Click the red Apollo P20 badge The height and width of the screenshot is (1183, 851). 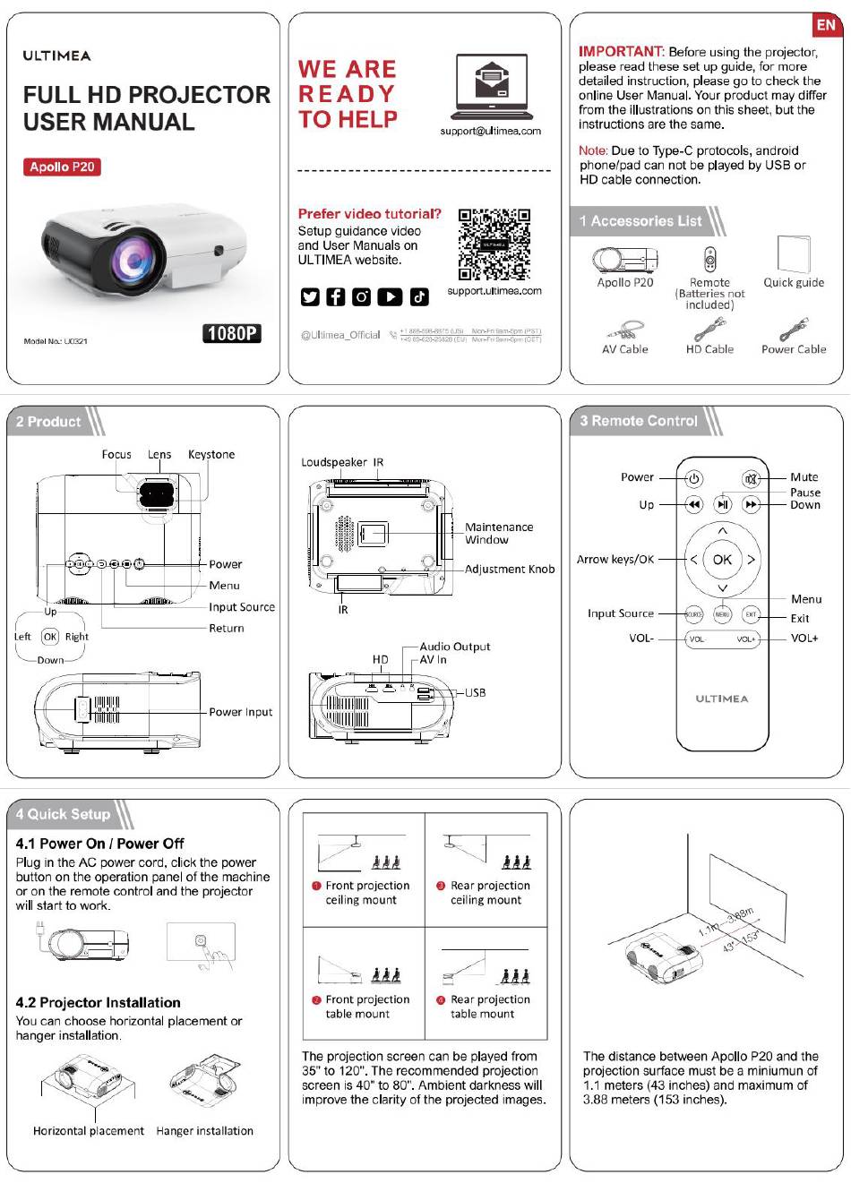tap(62, 167)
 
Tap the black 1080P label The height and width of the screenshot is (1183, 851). tap(232, 334)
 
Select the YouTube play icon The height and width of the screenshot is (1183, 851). tap(390, 296)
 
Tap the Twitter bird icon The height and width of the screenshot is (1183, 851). tap(310, 296)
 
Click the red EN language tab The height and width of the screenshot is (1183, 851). tap(826, 25)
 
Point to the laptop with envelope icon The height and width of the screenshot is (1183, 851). tap(492, 87)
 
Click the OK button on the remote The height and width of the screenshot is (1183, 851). tap(722, 560)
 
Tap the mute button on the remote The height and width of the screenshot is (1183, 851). tap(751, 478)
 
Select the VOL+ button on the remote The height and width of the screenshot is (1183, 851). tap(746, 639)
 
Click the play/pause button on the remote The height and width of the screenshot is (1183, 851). tap(722, 505)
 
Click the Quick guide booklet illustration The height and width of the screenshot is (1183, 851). tap(794, 255)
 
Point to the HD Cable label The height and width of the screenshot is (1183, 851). tap(709, 350)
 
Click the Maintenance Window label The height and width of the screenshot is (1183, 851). tap(498, 534)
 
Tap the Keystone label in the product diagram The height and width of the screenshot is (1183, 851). tap(211, 455)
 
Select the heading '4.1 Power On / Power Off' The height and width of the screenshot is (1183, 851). tap(99, 844)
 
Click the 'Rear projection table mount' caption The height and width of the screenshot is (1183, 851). tap(489, 1007)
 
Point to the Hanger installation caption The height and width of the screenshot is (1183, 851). tap(204, 1131)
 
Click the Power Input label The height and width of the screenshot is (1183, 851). tap(240, 713)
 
